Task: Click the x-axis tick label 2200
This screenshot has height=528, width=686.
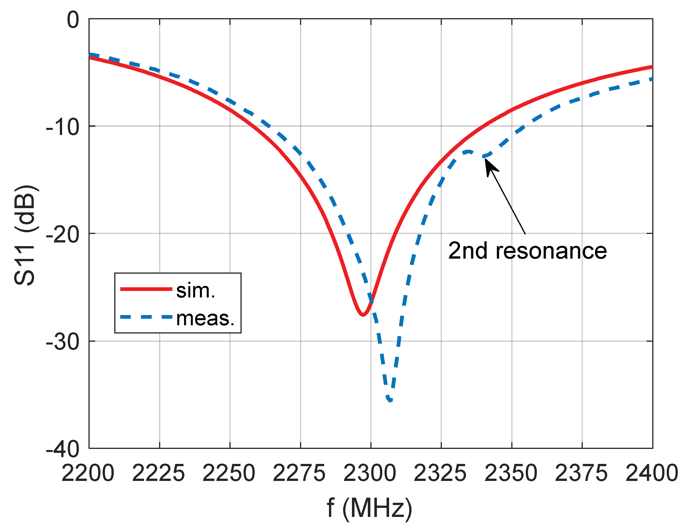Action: (88, 473)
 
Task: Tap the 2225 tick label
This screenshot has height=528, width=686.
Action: (158, 473)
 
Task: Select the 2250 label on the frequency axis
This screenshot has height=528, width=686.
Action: (229, 473)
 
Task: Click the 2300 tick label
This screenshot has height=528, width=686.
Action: (370, 473)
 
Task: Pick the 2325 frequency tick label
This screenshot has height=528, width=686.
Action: (440, 473)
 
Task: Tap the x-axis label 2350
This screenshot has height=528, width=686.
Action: (511, 473)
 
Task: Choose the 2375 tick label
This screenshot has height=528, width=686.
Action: (581, 473)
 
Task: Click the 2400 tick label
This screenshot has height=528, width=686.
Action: (651, 473)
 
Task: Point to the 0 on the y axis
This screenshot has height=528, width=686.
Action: (73, 20)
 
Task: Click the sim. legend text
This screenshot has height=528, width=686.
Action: (196, 291)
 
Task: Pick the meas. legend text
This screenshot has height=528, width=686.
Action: (205, 318)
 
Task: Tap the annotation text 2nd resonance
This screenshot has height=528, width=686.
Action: (527, 251)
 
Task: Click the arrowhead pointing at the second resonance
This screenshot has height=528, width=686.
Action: (489, 166)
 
